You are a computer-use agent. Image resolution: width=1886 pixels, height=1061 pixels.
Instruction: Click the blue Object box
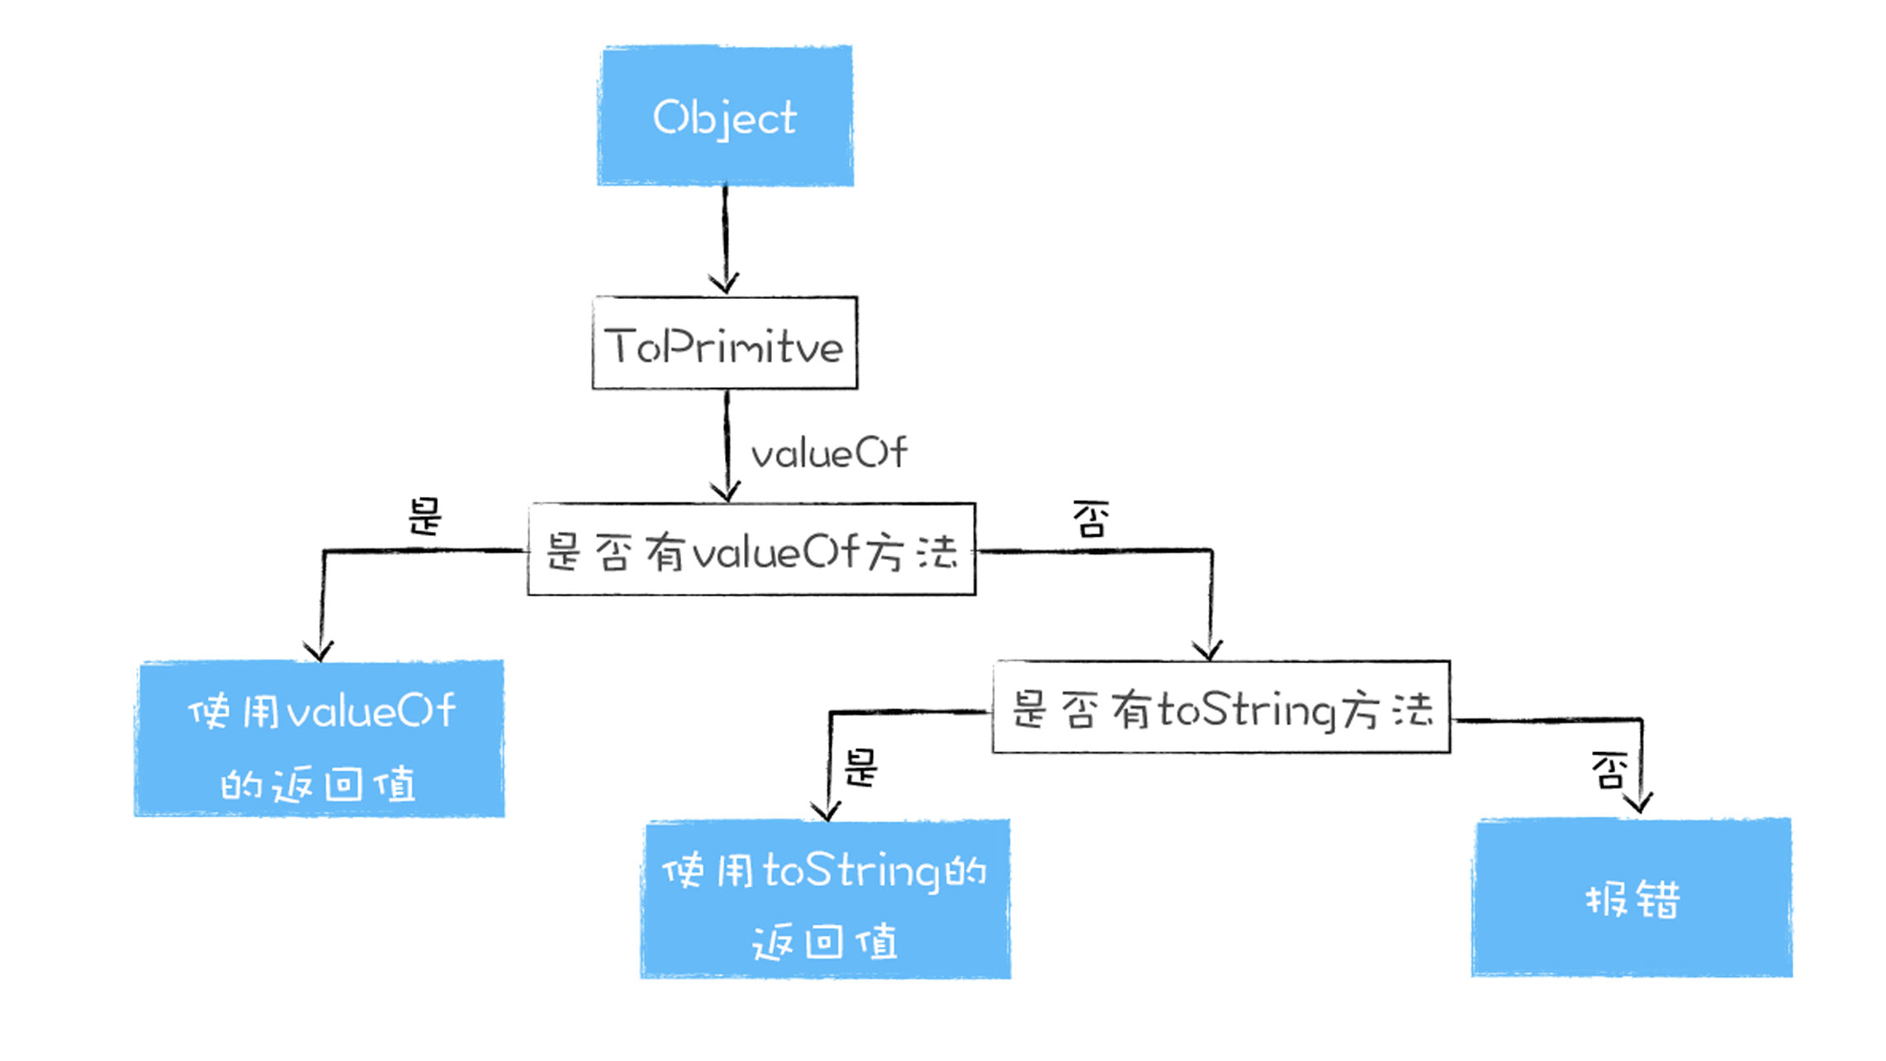pyautogui.click(x=725, y=116)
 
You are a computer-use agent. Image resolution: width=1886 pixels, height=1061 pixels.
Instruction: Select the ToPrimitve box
pyautogui.click(x=725, y=343)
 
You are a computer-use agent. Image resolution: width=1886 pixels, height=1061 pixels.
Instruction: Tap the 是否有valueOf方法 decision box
pyautogui.click(x=751, y=550)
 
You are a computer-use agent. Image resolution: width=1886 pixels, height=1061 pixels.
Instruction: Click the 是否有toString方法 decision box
pyautogui.click(x=1221, y=708)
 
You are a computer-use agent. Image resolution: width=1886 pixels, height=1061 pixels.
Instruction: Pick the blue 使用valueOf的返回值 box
pyautogui.click(x=320, y=740)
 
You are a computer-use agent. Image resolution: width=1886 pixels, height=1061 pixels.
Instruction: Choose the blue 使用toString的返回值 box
pyautogui.click(x=826, y=900)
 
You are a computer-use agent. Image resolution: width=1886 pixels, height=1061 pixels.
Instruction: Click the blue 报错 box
pyautogui.click(x=1632, y=898)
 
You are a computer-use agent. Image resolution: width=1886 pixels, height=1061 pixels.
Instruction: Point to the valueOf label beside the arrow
pyautogui.click(x=828, y=453)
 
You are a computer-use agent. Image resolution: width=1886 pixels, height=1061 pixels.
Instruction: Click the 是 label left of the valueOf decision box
pyautogui.click(x=425, y=517)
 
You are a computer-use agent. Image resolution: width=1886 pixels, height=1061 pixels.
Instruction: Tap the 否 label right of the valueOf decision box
pyautogui.click(x=1090, y=519)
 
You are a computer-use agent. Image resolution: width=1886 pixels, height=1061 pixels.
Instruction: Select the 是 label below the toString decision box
pyautogui.click(x=860, y=768)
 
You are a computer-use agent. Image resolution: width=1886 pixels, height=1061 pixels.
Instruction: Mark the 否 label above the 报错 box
pyautogui.click(x=1609, y=770)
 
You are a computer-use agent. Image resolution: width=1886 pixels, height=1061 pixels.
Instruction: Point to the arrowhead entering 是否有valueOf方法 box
pyautogui.click(x=726, y=493)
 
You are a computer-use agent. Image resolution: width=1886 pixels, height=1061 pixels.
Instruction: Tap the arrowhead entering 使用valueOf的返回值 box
pyautogui.click(x=319, y=651)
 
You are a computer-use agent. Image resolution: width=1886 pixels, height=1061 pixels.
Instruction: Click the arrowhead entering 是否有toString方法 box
pyautogui.click(x=1209, y=651)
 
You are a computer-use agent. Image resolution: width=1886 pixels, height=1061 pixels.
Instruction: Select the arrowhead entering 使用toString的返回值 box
pyautogui.click(x=827, y=811)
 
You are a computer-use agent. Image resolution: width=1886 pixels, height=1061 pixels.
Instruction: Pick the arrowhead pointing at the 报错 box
pyautogui.click(x=1638, y=803)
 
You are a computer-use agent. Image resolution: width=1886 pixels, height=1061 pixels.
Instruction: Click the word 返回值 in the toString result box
pyautogui.click(x=824, y=942)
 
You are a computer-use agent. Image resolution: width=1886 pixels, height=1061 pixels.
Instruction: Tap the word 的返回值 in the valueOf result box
pyautogui.click(x=318, y=784)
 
